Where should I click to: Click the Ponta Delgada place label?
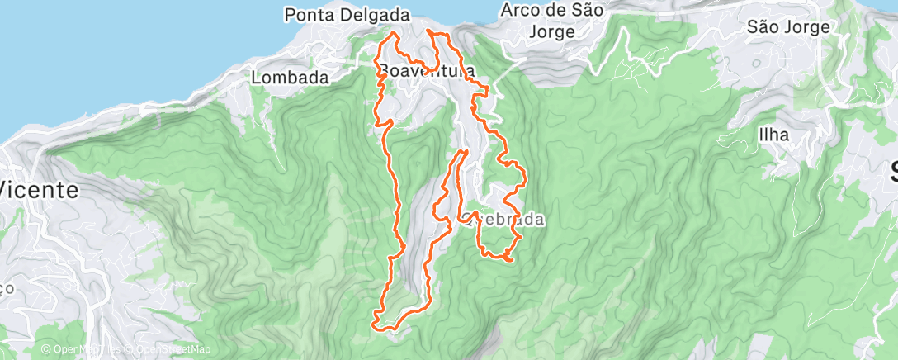click(x=347, y=15)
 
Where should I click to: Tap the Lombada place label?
click(x=290, y=78)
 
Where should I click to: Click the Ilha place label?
click(x=774, y=135)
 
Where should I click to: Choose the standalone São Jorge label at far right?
click(x=787, y=27)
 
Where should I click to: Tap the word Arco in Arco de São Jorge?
click(x=522, y=11)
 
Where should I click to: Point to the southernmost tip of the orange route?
click(x=380, y=325)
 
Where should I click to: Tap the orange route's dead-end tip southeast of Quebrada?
click(x=511, y=261)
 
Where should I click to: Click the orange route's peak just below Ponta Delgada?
click(x=394, y=34)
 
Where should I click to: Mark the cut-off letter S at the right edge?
click(x=892, y=171)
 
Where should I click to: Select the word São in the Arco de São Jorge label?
click(x=587, y=11)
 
